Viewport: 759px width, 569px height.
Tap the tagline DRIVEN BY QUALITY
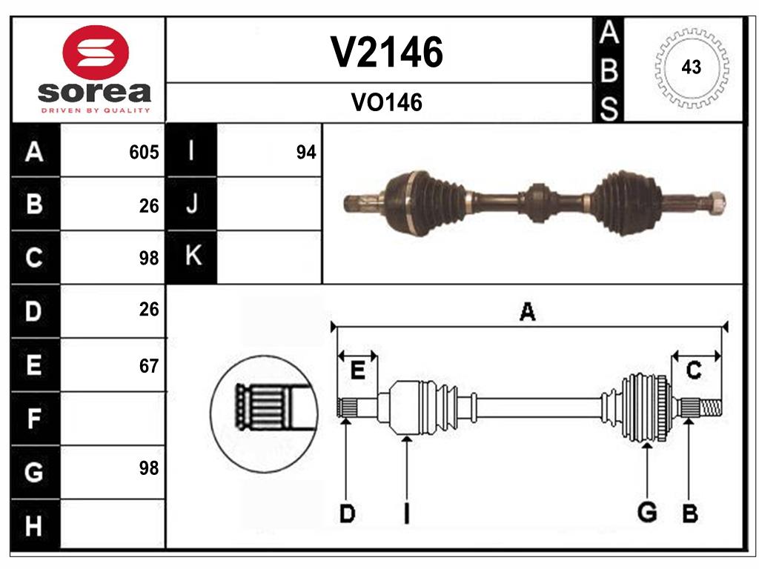click(x=96, y=110)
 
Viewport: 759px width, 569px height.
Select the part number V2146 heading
click(x=386, y=53)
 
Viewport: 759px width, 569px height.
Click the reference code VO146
click(x=386, y=103)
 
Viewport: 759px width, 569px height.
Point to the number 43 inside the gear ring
click(x=691, y=67)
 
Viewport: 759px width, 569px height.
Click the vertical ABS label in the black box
click(x=608, y=71)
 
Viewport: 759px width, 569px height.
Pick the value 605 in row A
click(x=144, y=153)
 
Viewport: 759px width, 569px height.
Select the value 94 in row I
click(x=305, y=153)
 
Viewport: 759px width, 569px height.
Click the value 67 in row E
click(x=149, y=366)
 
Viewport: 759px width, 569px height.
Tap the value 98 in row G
click(x=149, y=468)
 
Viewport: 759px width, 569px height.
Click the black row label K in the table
click(x=192, y=256)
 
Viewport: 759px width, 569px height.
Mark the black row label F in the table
click(x=34, y=419)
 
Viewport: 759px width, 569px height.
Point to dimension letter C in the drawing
click(x=694, y=370)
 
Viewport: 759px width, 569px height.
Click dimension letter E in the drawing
click(x=357, y=370)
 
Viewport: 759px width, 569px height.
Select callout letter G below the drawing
click(x=647, y=512)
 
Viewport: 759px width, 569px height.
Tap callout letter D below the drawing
click(x=346, y=513)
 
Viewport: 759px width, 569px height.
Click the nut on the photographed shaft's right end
click(x=715, y=202)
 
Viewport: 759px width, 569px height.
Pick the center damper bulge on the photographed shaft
click(x=537, y=202)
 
